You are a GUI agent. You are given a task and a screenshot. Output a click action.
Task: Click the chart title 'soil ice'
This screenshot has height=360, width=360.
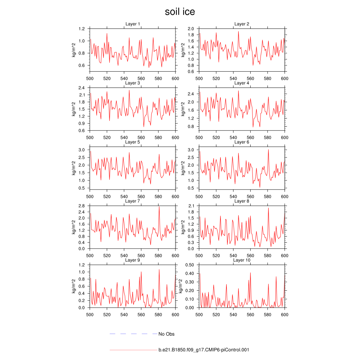click(x=180, y=12)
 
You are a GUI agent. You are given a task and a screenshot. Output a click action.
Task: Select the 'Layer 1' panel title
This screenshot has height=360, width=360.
click(x=133, y=24)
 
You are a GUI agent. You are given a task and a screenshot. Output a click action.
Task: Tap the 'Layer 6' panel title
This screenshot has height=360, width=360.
click(x=242, y=142)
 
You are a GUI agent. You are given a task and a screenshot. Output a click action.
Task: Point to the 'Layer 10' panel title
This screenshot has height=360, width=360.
click(x=242, y=260)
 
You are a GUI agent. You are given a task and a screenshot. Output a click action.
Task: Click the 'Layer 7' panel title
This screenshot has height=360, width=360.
click(x=133, y=201)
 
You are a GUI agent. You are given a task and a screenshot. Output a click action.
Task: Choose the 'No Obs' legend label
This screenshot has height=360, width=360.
click(x=166, y=334)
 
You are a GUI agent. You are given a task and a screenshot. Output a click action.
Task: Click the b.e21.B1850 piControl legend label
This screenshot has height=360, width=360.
click(x=204, y=350)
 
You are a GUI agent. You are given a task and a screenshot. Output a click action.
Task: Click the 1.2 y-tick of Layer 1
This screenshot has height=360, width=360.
click(x=82, y=28)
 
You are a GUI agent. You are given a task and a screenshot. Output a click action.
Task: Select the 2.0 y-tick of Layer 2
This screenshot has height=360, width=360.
click(x=191, y=28)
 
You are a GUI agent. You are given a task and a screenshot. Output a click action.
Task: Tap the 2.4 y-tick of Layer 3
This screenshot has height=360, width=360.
click(x=82, y=88)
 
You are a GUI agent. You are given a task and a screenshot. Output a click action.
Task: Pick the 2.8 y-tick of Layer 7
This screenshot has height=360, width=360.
click(x=82, y=206)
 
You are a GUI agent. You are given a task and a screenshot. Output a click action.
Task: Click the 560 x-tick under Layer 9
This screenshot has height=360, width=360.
click(x=141, y=315)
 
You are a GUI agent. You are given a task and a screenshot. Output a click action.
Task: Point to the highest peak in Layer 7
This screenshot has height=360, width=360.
click(x=159, y=206)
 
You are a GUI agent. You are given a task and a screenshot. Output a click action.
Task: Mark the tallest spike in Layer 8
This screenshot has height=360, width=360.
click(x=268, y=208)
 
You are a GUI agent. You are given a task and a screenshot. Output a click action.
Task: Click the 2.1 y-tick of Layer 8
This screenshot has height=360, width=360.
click(x=191, y=206)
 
